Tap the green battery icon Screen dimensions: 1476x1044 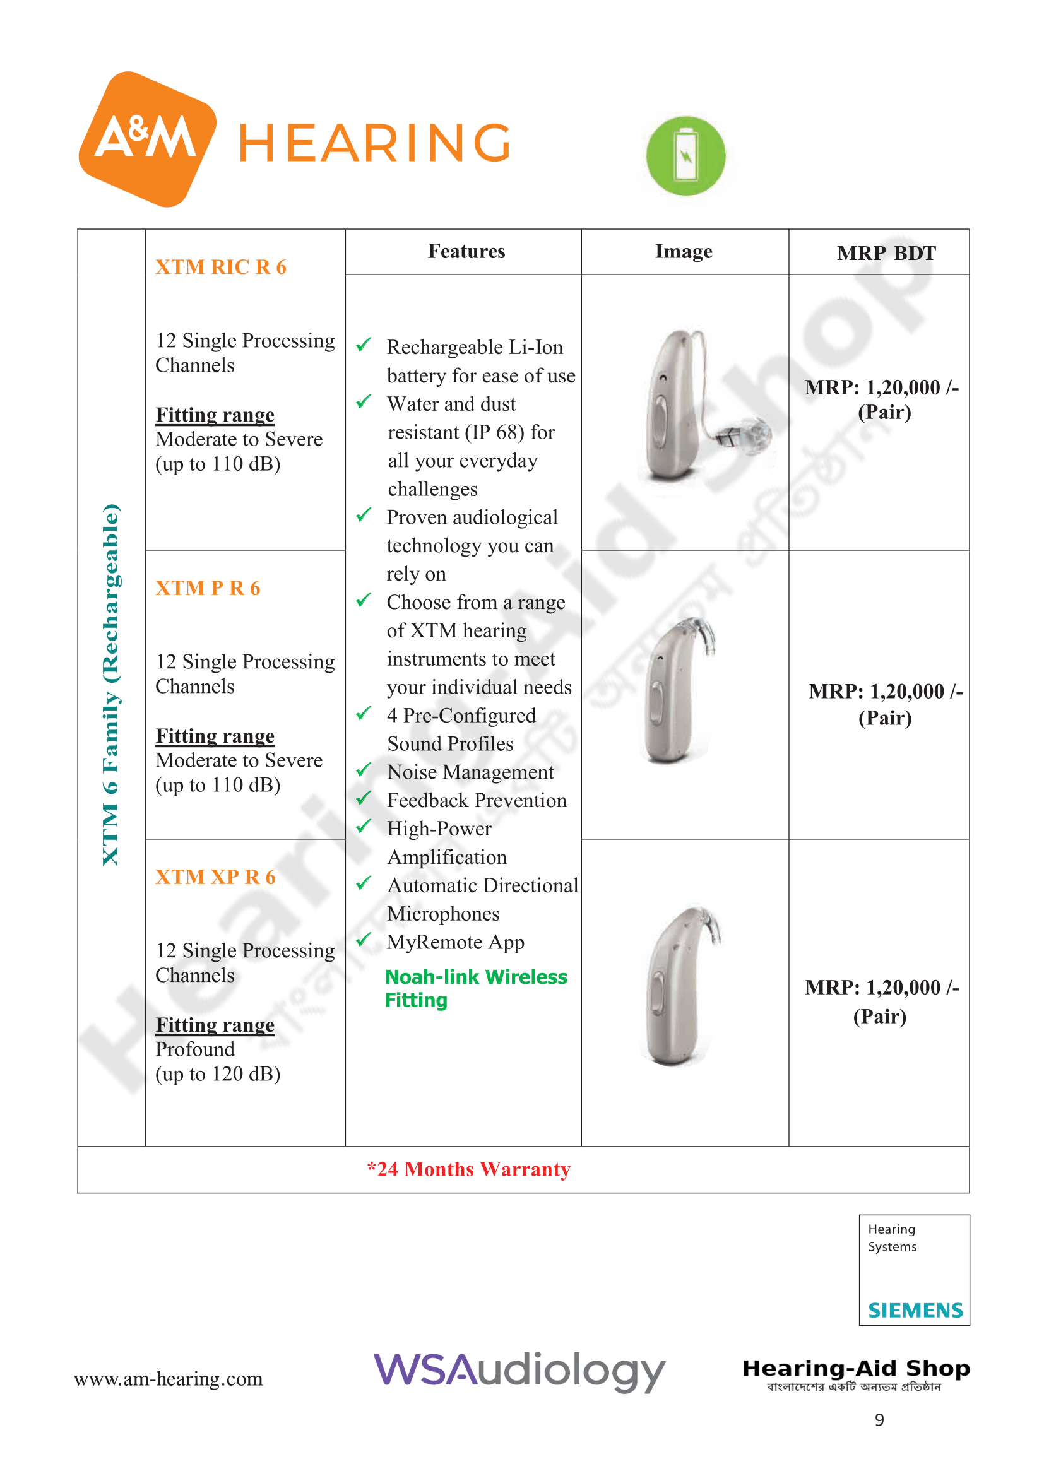pos(685,156)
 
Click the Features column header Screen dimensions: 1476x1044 pos(466,251)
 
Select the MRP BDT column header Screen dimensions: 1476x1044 pos(886,253)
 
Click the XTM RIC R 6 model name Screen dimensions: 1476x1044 pos(220,267)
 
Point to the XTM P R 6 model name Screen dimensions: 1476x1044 pos(208,587)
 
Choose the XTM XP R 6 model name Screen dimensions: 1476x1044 pos(215,877)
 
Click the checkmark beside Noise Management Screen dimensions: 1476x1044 pos(364,769)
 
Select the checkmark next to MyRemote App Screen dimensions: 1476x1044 pos(364,939)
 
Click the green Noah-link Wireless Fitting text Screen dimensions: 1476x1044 pos(476,988)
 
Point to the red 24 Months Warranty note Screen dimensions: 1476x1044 pos(468,1169)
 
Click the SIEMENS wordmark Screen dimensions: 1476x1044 pos(915,1310)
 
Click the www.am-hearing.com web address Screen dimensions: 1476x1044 pos(169,1379)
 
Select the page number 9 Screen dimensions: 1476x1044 pos(879,1419)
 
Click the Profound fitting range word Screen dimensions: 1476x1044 pos(195,1049)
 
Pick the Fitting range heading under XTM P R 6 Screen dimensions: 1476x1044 pos(215,735)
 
